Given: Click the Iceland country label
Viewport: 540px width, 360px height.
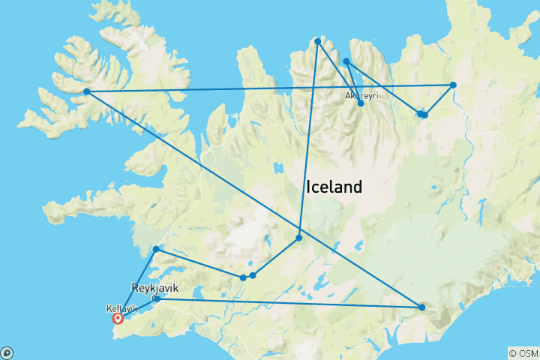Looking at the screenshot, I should pyautogui.click(x=334, y=186).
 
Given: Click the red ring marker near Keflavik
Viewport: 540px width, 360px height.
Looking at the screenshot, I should pyautogui.click(x=118, y=318).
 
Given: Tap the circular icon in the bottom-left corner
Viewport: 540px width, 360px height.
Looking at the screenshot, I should pyautogui.click(x=6, y=352).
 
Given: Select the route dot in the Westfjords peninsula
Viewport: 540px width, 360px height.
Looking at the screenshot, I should pyautogui.click(x=87, y=91).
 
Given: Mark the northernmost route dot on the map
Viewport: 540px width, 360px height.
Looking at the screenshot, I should pyautogui.click(x=318, y=41).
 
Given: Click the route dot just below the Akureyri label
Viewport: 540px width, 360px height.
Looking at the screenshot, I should pyautogui.click(x=361, y=103).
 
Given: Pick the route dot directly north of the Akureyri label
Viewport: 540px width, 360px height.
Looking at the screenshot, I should pyautogui.click(x=346, y=61).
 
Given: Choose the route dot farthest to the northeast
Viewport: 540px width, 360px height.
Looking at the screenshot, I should pyautogui.click(x=453, y=85).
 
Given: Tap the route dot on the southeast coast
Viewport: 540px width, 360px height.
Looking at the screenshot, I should pyautogui.click(x=422, y=307).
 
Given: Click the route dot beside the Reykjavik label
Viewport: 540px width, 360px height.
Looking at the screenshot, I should pyautogui.click(x=157, y=298).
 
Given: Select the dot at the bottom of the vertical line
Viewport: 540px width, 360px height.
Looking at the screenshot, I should pyautogui.click(x=298, y=238).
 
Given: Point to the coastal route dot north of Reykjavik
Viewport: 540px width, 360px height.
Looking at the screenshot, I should pyautogui.click(x=156, y=249).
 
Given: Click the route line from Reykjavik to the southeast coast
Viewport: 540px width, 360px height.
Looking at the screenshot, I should pyautogui.click(x=289, y=302).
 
